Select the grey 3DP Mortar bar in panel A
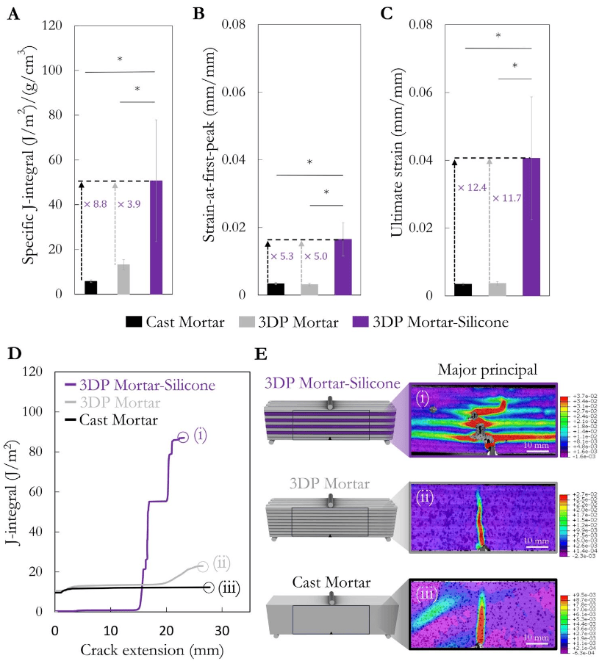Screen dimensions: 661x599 (x=123, y=279)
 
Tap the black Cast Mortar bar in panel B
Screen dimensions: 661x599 (x=276, y=289)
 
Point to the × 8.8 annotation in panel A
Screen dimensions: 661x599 (x=96, y=203)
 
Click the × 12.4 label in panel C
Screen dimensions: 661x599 (x=471, y=188)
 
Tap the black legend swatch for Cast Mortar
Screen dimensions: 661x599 (x=133, y=322)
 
